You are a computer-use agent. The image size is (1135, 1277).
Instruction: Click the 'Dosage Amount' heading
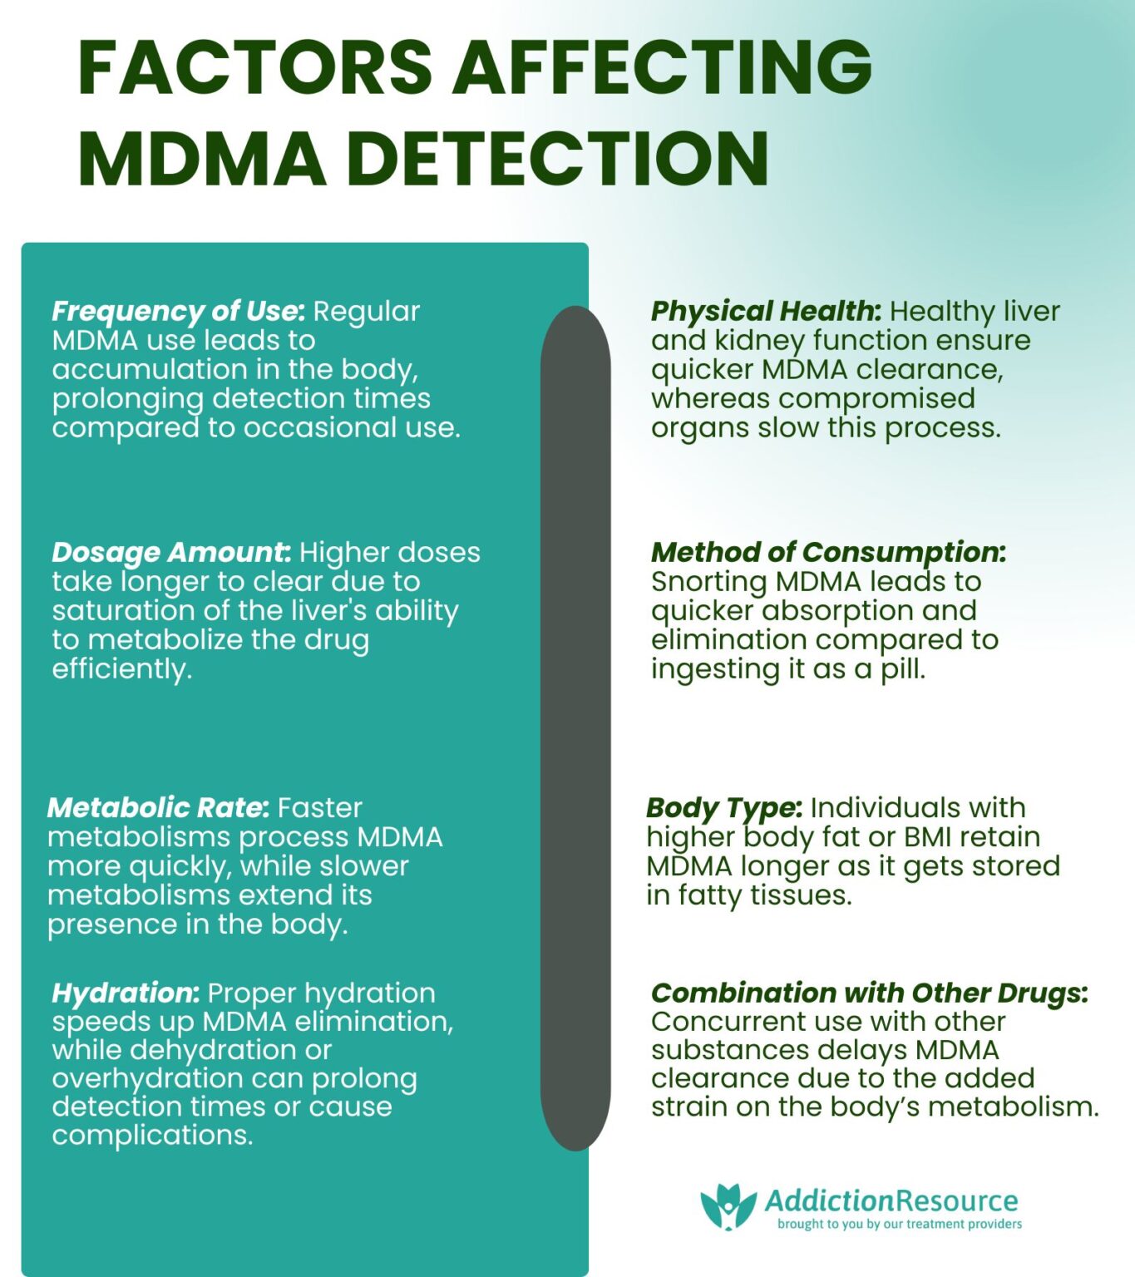[x=170, y=553]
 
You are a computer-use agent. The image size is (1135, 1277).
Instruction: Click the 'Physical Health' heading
[x=766, y=312]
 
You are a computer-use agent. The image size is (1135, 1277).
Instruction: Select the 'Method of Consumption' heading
[x=828, y=553]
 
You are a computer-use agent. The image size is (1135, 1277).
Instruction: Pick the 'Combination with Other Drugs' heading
[x=869, y=993]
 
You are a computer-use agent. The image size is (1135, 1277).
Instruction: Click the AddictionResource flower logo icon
[x=728, y=1206]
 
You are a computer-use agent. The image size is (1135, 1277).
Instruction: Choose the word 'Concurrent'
[x=732, y=1022]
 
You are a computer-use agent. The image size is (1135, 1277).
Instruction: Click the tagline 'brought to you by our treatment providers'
[x=900, y=1224]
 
